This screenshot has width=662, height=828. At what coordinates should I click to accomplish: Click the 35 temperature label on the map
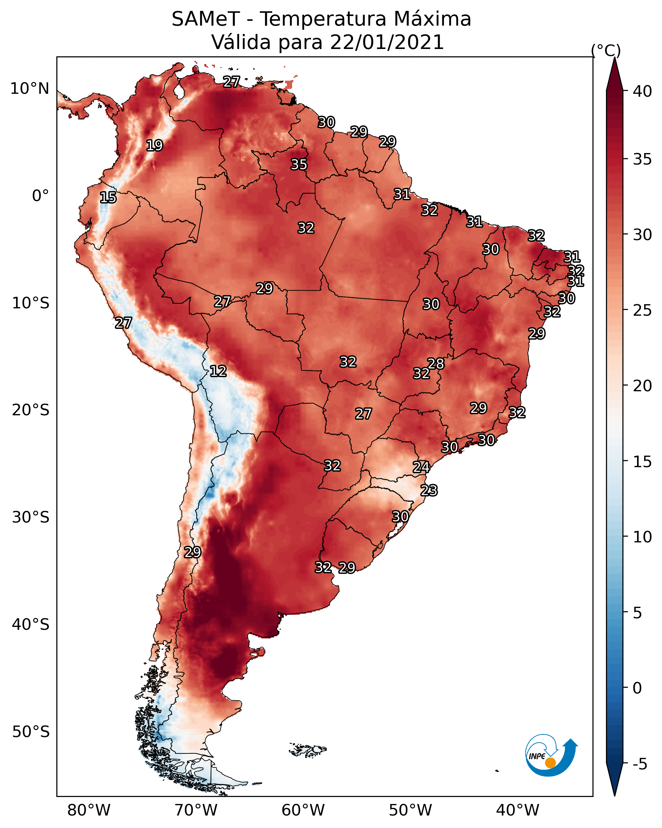[x=298, y=164]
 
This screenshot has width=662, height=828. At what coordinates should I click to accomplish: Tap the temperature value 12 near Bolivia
[x=218, y=371]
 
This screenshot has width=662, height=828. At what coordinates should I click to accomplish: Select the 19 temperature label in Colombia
[x=154, y=146]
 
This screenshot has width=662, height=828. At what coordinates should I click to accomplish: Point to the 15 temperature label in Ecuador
[x=108, y=198]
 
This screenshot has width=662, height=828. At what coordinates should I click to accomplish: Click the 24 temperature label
[x=421, y=467]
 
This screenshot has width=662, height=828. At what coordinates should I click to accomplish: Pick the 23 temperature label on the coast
[x=429, y=491]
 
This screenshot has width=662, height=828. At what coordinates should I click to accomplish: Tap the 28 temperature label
[x=436, y=363]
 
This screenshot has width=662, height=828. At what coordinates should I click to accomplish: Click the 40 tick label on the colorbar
[x=642, y=91]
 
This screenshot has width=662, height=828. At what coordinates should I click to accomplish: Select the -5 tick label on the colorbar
[x=640, y=764]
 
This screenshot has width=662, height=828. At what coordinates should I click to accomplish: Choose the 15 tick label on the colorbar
[x=642, y=462]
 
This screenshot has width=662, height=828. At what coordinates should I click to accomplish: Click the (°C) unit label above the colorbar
[x=606, y=50]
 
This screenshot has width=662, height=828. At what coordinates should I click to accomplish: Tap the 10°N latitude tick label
[x=29, y=89]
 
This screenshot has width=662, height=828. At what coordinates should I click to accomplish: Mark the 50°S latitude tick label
[x=31, y=732]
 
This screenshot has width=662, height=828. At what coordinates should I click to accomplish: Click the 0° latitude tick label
[x=40, y=196]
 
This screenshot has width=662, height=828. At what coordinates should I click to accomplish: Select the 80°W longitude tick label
[x=89, y=810]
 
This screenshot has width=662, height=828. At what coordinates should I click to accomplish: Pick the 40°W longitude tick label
[x=518, y=810]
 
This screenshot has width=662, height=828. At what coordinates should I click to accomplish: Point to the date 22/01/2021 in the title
[x=387, y=42]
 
